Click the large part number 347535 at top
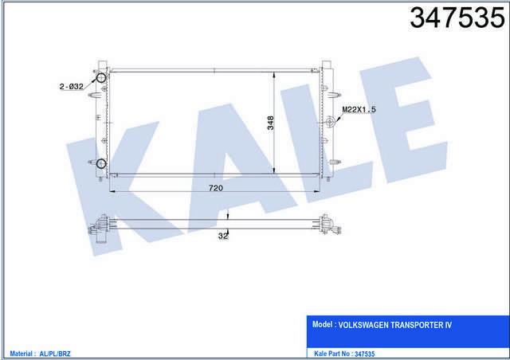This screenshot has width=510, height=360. pos(451,18)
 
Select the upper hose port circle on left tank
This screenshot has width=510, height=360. pos(100,77)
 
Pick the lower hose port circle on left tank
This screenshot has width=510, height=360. pos(100,165)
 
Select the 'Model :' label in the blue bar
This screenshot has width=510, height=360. pos(323,326)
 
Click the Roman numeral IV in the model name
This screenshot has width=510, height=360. pos(470,326)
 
